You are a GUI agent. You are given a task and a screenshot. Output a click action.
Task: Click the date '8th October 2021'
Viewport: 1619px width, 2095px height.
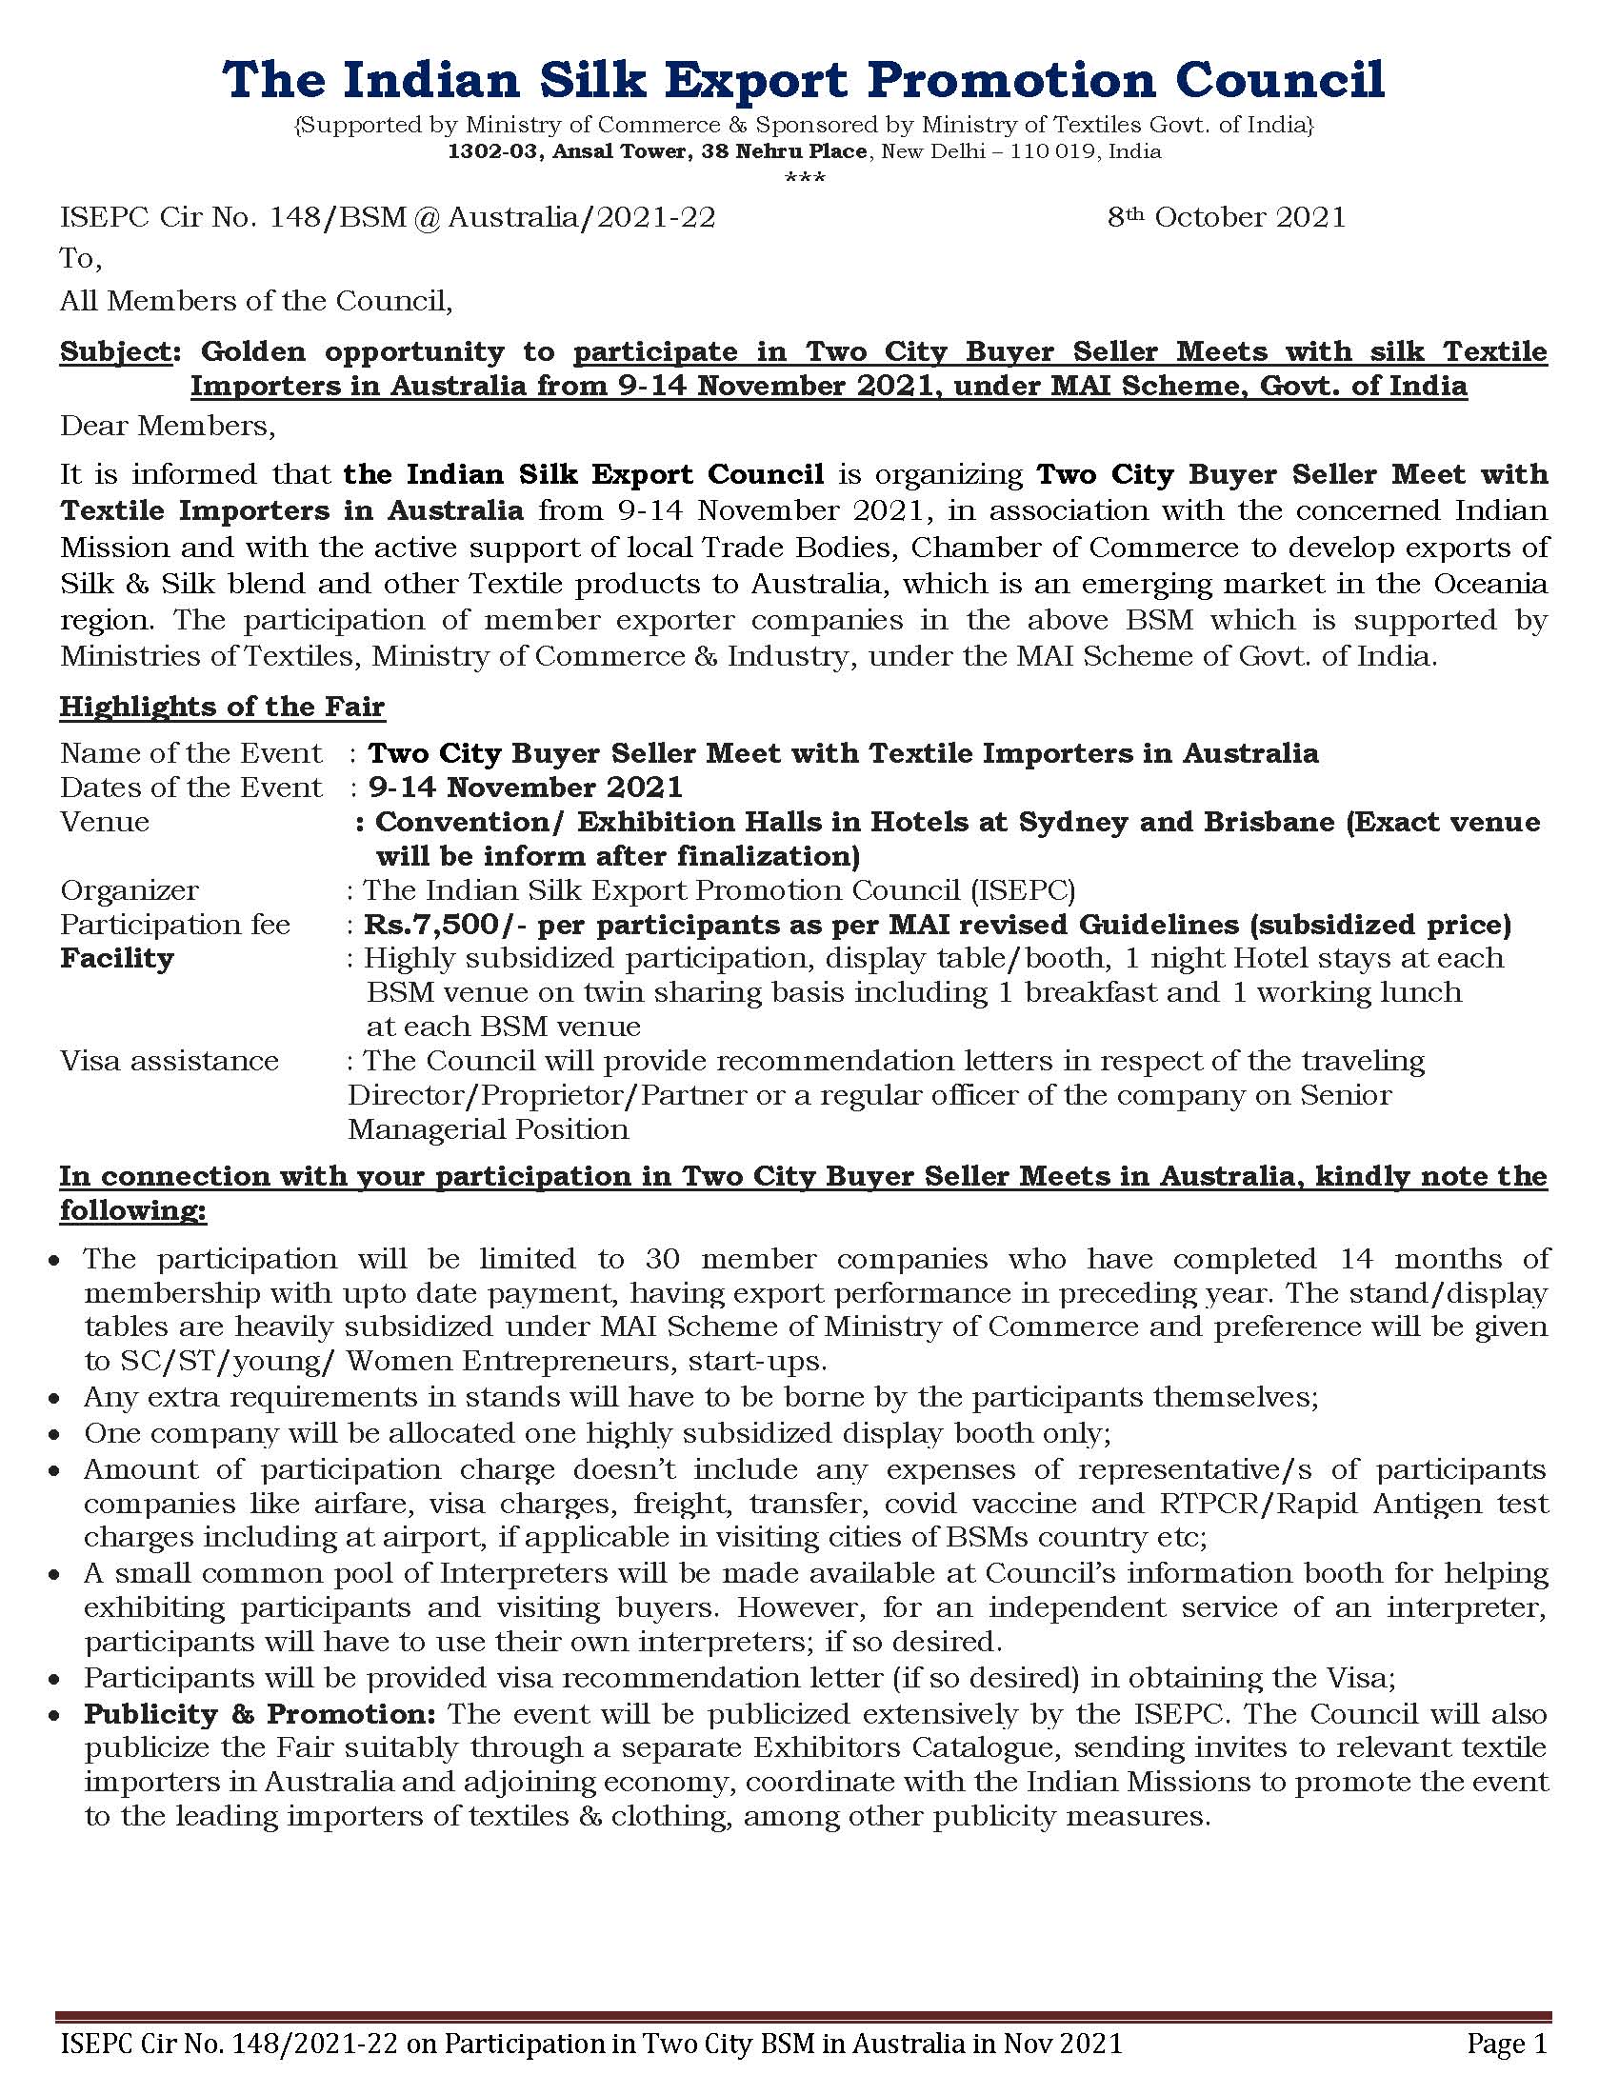[1226, 218]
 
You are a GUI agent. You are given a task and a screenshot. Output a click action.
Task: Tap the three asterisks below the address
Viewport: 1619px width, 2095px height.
[805, 177]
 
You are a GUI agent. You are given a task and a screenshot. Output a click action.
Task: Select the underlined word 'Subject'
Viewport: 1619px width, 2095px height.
[114, 352]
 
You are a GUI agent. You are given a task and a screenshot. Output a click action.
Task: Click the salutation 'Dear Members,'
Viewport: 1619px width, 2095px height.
[168, 426]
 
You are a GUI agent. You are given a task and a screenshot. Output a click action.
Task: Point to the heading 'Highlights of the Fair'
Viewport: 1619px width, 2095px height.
[222, 707]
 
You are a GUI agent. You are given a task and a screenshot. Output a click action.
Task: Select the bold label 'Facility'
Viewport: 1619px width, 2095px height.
[117, 958]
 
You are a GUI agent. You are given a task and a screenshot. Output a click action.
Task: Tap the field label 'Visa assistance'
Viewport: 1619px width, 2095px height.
[170, 1061]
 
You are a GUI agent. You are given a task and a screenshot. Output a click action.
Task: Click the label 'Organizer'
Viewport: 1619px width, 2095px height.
[130, 890]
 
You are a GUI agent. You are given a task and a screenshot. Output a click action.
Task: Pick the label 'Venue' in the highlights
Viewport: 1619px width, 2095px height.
[105, 822]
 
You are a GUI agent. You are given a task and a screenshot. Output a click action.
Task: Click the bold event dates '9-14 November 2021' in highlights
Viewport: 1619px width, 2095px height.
[526, 788]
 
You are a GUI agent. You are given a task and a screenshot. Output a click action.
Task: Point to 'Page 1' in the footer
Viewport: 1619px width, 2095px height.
[1507, 2045]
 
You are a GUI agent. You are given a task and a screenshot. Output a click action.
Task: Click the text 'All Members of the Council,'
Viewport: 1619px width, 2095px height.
[256, 301]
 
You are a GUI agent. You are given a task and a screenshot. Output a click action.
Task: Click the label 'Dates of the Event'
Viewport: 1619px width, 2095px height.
[190, 788]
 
